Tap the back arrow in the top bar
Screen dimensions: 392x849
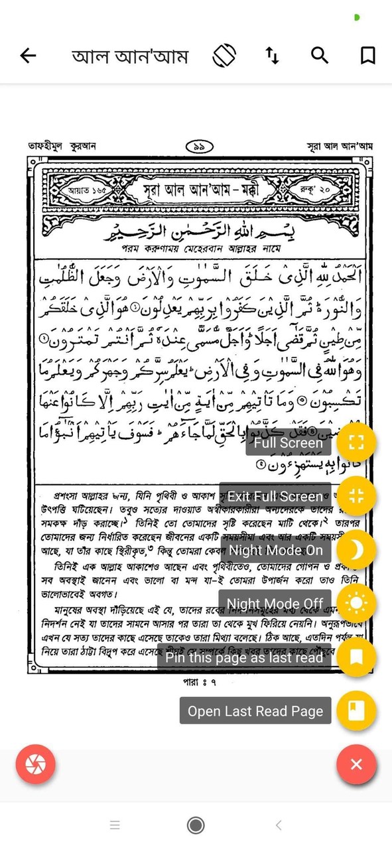(x=28, y=56)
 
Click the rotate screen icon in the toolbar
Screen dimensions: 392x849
(x=224, y=56)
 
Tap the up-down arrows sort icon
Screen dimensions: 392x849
(x=272, y=56)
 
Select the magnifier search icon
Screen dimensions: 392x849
(x=320, y=56)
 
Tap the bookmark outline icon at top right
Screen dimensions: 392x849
(x=367, y=56)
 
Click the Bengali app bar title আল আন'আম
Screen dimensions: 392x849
(x=130, y=56)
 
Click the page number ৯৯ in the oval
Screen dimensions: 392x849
(x=198, y=147)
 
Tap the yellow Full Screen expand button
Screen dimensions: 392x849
(x=356, y=442)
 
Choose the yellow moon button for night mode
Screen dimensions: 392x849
(x=356, y=550)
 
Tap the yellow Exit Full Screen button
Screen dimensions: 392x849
(x=356, y=496)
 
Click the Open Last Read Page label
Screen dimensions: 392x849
(x=255, y=711)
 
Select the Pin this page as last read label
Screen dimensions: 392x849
(x=244, y=657)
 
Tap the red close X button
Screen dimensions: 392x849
(x=356, y=765)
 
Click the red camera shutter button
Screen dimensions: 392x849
(x=36, y=765)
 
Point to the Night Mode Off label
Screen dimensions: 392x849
(x=275, y=604)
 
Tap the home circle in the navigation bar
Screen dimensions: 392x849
(x=196, y=825)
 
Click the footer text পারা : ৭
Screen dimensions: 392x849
(x=200, y=681)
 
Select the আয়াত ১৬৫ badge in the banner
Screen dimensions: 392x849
(x=87, y=190)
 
